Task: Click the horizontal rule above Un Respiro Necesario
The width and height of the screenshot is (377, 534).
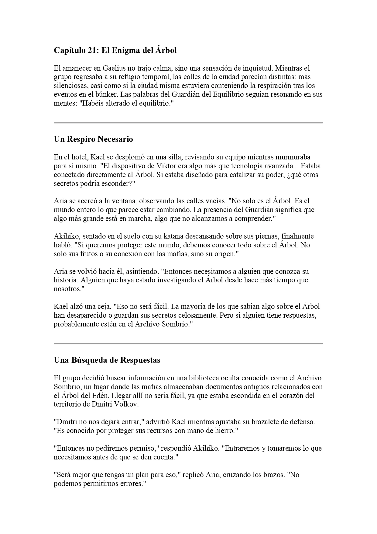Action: (x=188, y=123)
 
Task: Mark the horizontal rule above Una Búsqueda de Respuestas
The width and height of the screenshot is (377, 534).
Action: (x=188, y=344)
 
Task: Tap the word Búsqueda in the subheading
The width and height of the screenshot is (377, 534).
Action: (x=90, y=360)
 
